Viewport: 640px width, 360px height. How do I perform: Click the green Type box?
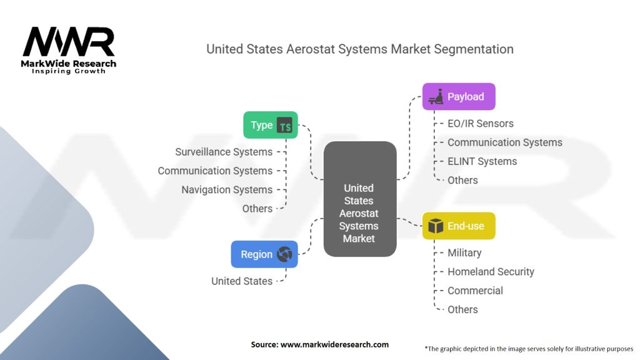[x=271, y=125]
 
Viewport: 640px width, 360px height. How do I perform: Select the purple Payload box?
[x=459, y=97]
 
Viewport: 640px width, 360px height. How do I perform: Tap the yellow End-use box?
[x=459, y=226]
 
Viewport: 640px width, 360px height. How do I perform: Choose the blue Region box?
[x=264, y=254]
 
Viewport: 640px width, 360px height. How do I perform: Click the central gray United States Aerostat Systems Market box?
[x=360, y=199]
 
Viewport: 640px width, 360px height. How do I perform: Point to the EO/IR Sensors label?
[x=481, y=124]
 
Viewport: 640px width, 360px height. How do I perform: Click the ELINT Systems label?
[x=482, y=162]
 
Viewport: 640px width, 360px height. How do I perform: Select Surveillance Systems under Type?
[x=224, y=152]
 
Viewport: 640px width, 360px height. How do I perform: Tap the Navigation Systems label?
[x=227, y=190]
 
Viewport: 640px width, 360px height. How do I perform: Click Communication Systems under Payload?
[x=505, y=142]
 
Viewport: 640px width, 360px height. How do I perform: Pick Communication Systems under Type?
[x=215, y=171]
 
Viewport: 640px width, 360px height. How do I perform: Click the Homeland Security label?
[x=491, y=272]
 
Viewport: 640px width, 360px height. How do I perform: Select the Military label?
[x=464, y=253]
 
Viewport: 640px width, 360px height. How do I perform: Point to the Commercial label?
[x=475, y=291]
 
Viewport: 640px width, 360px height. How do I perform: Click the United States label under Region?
[x=242, y=281]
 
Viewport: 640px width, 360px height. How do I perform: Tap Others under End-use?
[x=462, y=310]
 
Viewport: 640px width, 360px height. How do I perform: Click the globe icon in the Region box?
[x=284, y=254]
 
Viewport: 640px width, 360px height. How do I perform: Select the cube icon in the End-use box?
[x=436, y=226]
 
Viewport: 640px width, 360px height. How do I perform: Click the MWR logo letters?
[x=69, y=42]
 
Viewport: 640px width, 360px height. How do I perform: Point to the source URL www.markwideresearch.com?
[x=335, y=344]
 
